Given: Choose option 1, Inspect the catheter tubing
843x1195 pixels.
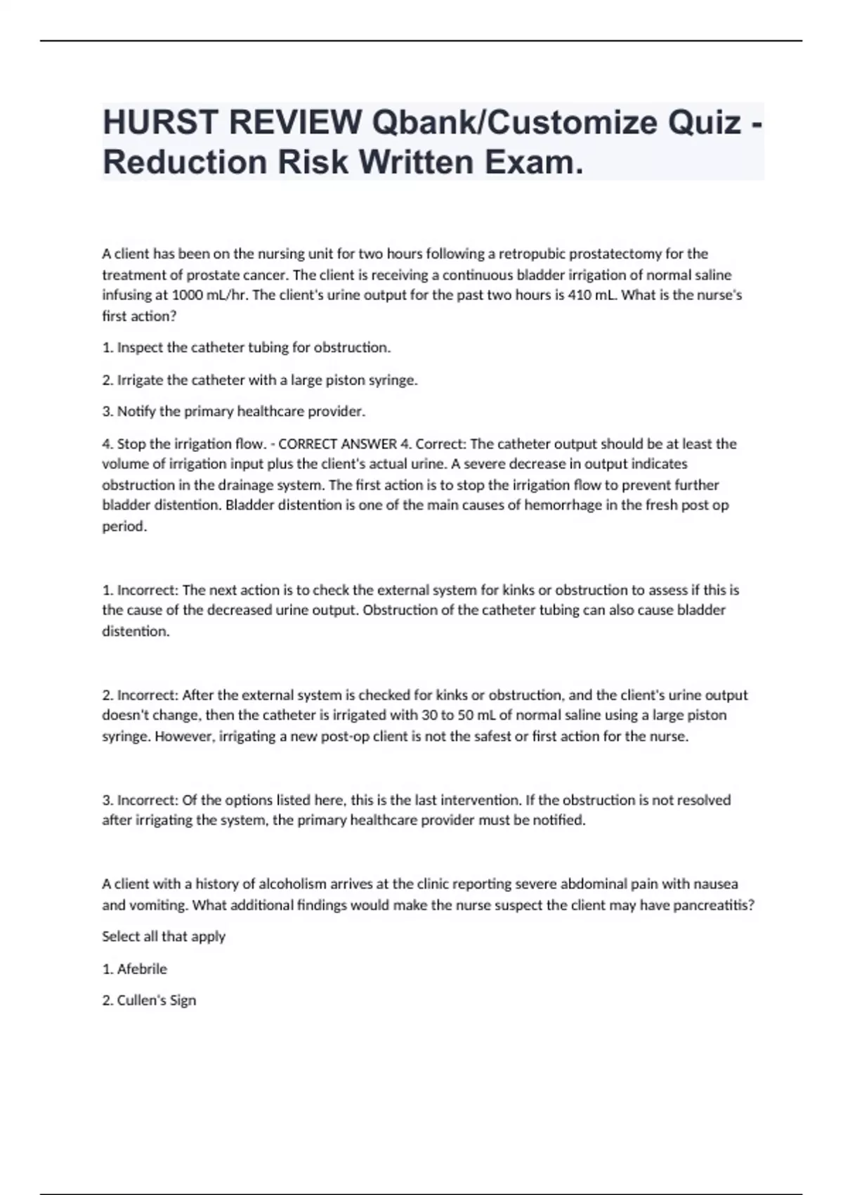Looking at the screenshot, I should (246, 347).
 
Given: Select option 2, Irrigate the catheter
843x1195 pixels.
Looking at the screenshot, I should (260, 380).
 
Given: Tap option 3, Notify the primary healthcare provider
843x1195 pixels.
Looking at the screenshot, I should (234, 411).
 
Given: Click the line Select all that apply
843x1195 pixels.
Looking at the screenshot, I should (164, 937).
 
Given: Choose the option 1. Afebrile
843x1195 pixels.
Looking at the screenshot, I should (135, 969).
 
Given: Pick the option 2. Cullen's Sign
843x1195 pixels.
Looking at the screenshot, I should (149, 1000).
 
